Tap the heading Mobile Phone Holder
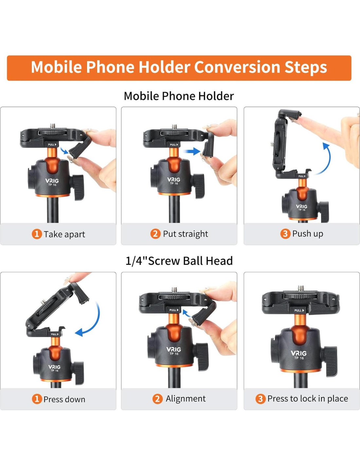179,96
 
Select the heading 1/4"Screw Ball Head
179,261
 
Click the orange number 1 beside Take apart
37,234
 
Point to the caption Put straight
186,234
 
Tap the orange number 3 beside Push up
285,234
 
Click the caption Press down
64,399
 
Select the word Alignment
186,399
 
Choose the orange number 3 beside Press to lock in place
261,399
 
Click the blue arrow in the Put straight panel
192,151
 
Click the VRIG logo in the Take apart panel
52,181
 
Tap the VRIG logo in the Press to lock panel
298,353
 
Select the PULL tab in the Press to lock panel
299,310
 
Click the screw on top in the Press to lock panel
301,288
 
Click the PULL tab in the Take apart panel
52,145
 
